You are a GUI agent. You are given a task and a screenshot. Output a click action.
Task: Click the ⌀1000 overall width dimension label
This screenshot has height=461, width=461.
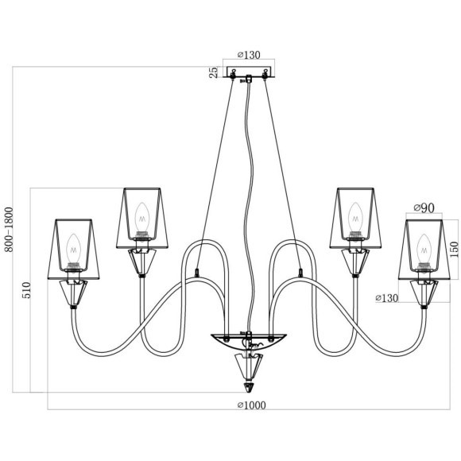click(x=252, y=405)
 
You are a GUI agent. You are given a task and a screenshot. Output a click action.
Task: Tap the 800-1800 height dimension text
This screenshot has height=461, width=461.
click(x=9, y=230)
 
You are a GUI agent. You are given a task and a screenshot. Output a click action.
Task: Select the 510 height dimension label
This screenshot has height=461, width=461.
click(x=26, y=290)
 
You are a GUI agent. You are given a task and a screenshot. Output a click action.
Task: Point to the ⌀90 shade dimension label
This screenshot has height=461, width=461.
click(x=424, y=208)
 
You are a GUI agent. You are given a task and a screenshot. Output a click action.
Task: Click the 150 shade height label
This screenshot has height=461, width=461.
click(x=454, y=249)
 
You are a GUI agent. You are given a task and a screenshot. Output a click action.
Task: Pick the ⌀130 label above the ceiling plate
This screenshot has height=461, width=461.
click(x=249, y=55)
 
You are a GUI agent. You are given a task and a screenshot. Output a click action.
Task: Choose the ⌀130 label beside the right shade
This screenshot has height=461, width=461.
click(x=386, y=298)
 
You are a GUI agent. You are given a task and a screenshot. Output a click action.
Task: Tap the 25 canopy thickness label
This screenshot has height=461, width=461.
click(x=214, y=72)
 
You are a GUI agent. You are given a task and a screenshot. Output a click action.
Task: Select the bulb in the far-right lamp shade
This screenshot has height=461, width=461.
click(x=424, y=249)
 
